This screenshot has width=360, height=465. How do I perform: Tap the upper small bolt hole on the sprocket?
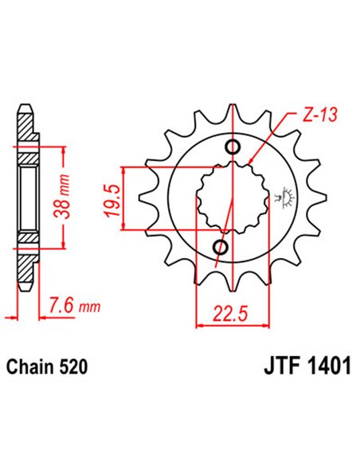(x=233, y=147)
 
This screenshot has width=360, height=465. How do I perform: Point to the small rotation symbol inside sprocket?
(x=281, y=194)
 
